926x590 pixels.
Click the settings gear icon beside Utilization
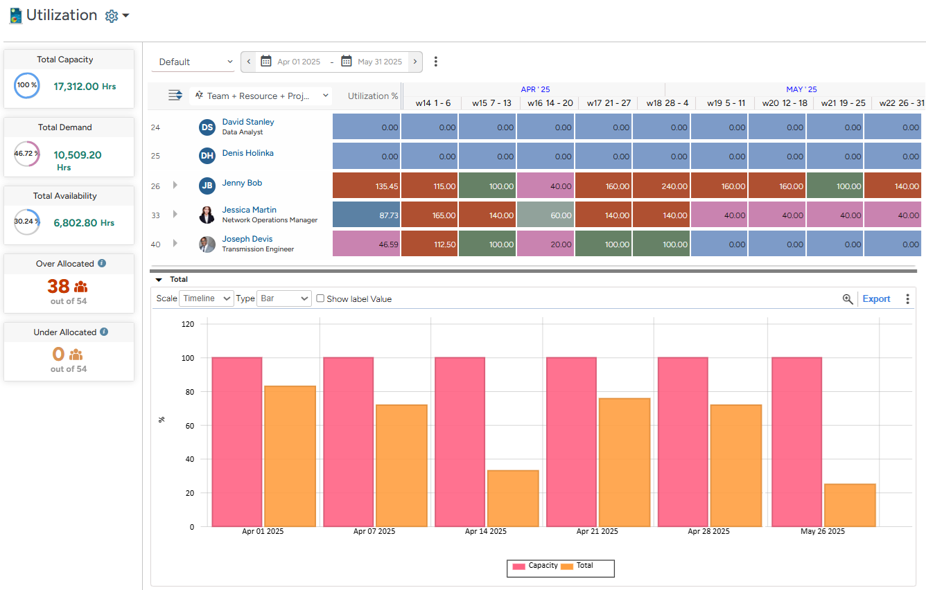point(112,16)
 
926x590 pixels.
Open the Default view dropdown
point(193,62)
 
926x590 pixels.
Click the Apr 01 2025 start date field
point(298,62)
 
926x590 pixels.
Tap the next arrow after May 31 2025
point(415,62)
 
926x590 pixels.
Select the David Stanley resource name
point(248,122)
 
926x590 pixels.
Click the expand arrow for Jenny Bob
point(175,185)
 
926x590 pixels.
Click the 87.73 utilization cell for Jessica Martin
point(367,215)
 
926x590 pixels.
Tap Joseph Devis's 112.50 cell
point(429,244)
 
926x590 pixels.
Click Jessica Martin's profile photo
point(207,215)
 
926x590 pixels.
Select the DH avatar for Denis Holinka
point(207,156)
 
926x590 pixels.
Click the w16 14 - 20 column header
point(550,103)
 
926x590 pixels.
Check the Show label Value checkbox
point(320,298)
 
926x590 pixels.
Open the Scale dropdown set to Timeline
point(207,298)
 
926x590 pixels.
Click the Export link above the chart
point(876,299)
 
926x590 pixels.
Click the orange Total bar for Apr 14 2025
point(513,499)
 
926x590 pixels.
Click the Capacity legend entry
point(534,566)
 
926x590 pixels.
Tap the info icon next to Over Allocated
point(102,264)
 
